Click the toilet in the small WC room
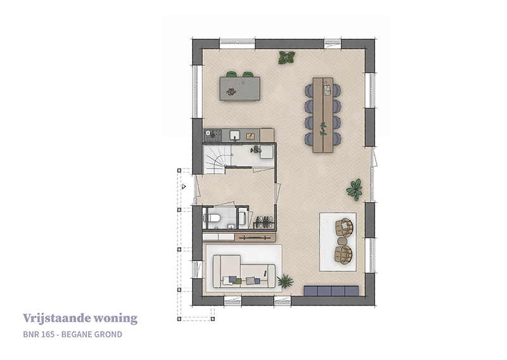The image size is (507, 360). tap(214, 217)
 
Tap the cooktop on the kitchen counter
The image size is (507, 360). tap(213, 134)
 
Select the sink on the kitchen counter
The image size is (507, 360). tap(235, 134)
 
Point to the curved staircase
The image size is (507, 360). tap(215, 160)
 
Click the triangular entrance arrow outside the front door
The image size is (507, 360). tap(184, 186)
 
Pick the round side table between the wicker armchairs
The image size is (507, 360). tap(342, 241)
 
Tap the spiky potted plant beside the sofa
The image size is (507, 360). tap(285, 281)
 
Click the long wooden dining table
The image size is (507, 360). tap(323, 115)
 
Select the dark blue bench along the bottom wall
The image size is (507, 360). tap(331, 290)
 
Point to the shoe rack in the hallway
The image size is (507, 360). tap(264, 222)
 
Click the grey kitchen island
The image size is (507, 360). tap(240, 89)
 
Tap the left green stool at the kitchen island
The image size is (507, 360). tap(231, 74)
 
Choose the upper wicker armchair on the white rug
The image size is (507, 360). tap(344, 228)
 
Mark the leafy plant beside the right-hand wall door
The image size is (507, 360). tap(355, 190)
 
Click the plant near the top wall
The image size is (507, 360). tap(286, 57)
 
